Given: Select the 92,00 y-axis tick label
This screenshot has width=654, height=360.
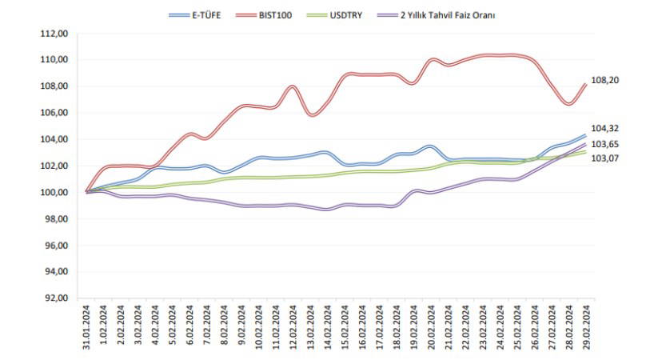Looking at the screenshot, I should coord(57,298).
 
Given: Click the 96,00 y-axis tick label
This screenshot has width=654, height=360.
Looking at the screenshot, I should coord(57,246).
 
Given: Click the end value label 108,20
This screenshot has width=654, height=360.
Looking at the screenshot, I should coord(604,81).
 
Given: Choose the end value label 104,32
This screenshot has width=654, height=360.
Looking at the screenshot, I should coord(604,128).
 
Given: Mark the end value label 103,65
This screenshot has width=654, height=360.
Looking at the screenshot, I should coord(604,144).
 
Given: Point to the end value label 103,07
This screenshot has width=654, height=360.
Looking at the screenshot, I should coord(604,158).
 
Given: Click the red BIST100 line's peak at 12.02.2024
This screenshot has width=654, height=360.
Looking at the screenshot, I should coord(293,86).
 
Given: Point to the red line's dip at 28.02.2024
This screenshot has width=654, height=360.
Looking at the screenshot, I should coord(568,103).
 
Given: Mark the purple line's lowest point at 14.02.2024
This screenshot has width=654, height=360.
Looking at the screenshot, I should coord(326,210).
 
